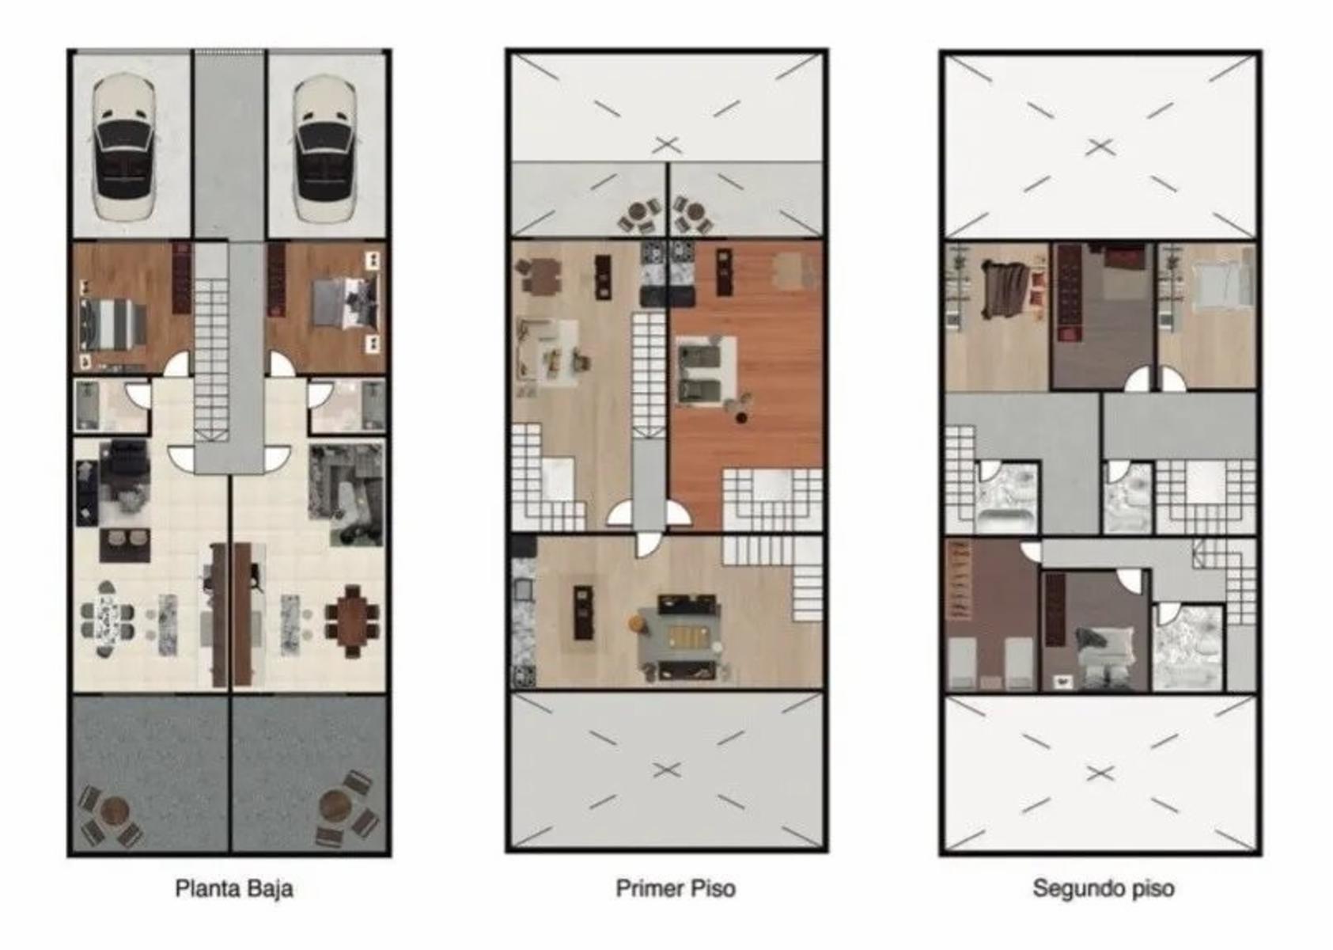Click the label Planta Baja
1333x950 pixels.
point(234,889)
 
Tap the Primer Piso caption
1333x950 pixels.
point(676,889)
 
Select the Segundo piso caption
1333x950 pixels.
point(1104,889)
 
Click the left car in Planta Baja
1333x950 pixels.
point(124,149)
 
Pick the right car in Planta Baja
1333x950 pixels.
point(325,149)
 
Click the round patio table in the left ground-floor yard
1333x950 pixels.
point(115,811)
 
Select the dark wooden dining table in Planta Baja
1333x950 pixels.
point(351,621)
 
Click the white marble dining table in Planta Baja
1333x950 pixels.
point(108,620)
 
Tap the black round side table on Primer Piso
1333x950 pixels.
point(741,417)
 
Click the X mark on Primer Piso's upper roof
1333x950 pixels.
point(667,145)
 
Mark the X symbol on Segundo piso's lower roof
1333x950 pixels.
point(1100,773)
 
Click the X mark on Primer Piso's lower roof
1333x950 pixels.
point(667,770)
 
